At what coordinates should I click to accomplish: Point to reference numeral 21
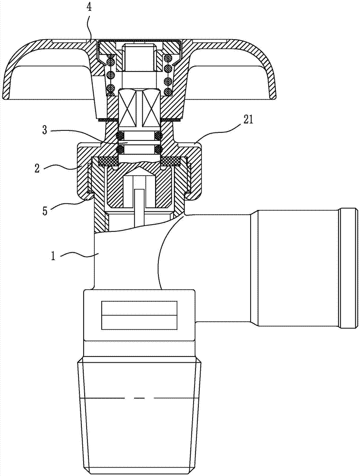(246, 121)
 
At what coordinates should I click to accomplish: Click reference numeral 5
(45, 211)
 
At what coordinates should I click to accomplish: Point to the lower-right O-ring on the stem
(158, 149)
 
